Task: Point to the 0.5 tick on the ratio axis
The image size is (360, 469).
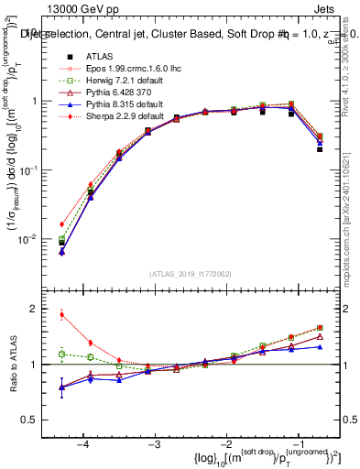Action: click(x=38, y=420)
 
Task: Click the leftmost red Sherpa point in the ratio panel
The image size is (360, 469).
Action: click(x=61, y=315)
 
